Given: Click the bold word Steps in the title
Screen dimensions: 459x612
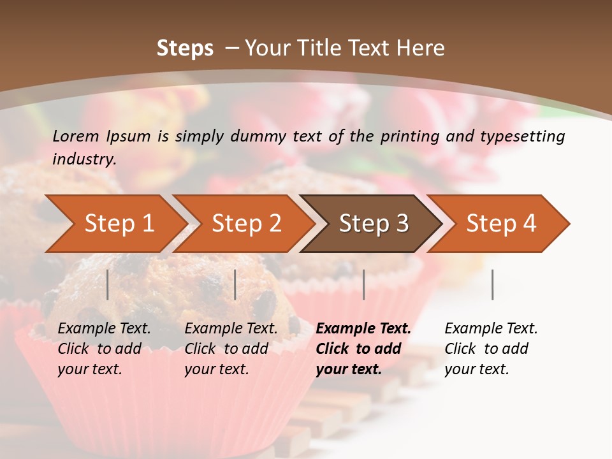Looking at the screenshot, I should pos(185,48).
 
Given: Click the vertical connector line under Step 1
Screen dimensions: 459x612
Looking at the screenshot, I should pos(108,284).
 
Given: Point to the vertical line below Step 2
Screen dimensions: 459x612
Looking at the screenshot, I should pos(235,284).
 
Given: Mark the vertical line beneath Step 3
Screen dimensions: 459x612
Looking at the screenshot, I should pos(363,284).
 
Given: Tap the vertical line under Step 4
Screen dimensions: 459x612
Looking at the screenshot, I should pos(493,284).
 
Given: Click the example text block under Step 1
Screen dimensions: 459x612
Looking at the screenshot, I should pos(104,349).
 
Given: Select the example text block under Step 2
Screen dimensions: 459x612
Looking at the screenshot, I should pos(231,349).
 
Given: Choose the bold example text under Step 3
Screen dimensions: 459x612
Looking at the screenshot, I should pos(363,349).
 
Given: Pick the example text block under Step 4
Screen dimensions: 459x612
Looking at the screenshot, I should pos(491,349).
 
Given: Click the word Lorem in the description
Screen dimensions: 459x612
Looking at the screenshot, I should pos(76,136).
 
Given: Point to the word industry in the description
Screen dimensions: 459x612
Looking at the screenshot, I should pos(84,159).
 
